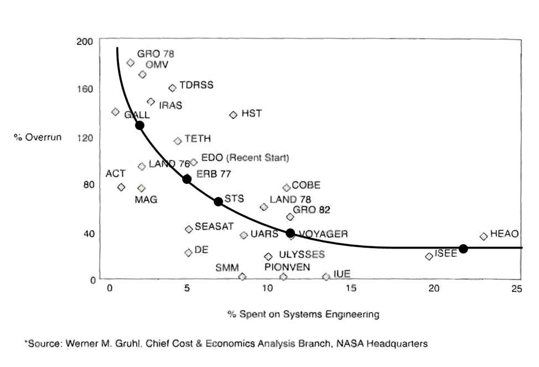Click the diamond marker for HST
(x=233, y=115)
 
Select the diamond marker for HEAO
(x=484, y=236)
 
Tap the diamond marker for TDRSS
(x=172, y=87)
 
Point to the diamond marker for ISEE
(x=429, y=256)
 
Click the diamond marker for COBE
(x=286, y=188)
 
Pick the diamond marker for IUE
(x=326, y=276)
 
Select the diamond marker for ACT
(x=121, y=187)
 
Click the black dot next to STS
(x=219, y=201)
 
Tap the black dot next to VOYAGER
(x=291, y=233)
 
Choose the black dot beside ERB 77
(x=187, y=179)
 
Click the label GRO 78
(x=156, y=54)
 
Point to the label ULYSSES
(x=302, y=255)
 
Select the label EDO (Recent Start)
(x=245, y=158)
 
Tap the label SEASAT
(x=214, y=226)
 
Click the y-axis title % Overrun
(x=38, y=137)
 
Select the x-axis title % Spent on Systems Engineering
(x=303, y=314)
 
